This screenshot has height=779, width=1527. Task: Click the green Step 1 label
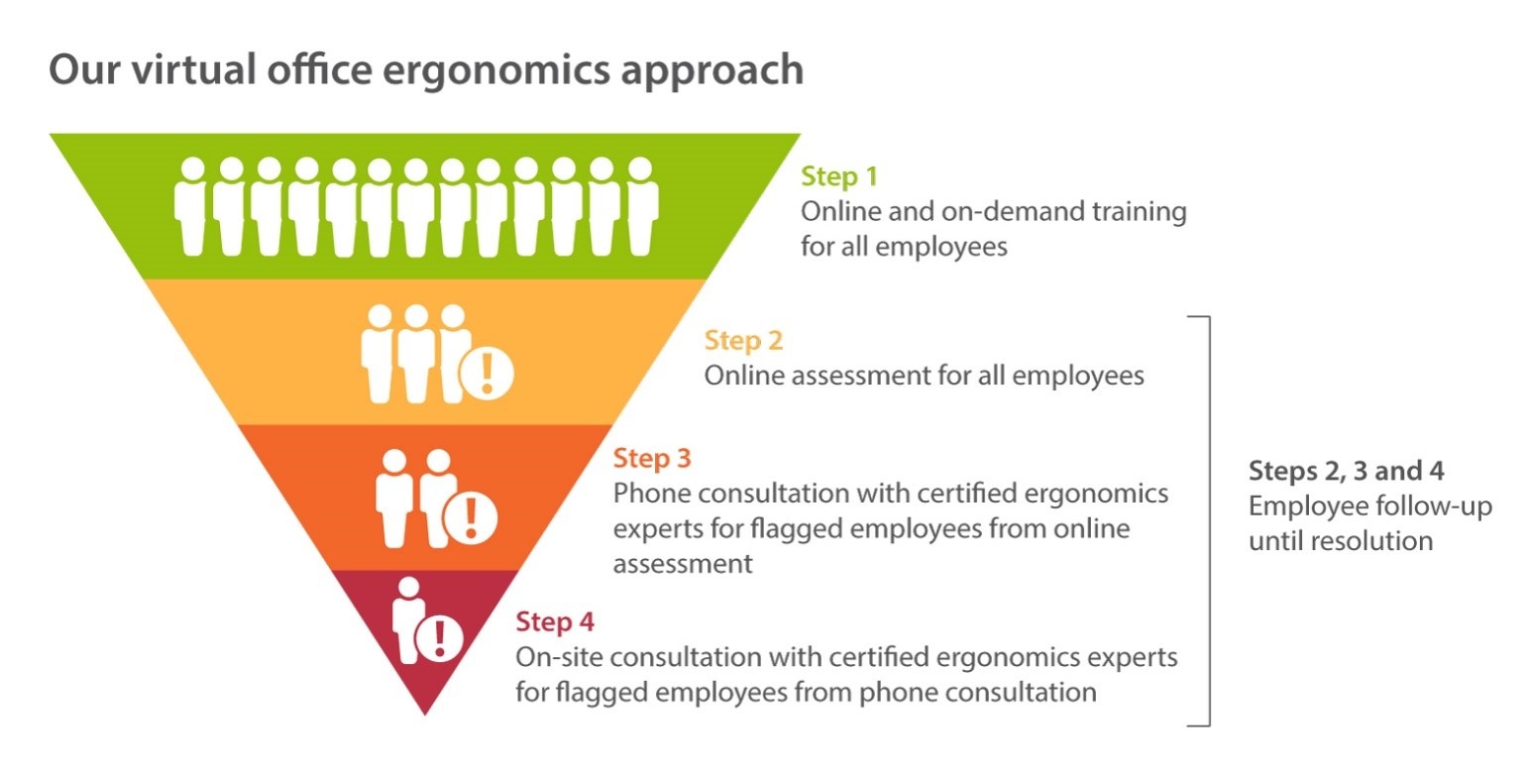(838, 175)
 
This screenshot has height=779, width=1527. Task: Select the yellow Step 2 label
(743, 340)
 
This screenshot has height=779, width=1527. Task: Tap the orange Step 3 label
(652, 458)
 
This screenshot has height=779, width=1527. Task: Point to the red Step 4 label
(554, 621)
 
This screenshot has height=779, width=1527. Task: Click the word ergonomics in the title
(495, 71)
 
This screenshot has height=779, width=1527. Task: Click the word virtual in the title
(193, 69)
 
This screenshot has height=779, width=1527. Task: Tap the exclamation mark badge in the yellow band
(487, 373)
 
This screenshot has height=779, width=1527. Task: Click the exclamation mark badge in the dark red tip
(439, 638)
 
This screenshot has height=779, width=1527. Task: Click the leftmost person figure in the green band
(191, 206)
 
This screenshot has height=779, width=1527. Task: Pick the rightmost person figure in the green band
(641, 206)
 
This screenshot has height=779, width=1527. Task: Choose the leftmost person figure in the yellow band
(379, 353)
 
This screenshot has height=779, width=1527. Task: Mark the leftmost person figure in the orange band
(394, 498)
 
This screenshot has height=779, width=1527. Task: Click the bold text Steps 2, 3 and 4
(1347, 471)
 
